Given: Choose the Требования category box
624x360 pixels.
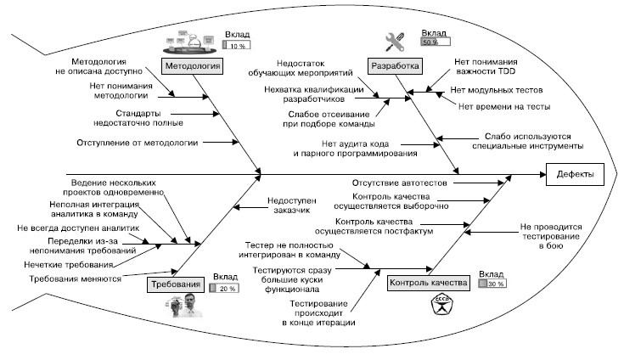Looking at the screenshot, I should coord(177,284).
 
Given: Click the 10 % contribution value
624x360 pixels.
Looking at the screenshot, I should coord(237,46).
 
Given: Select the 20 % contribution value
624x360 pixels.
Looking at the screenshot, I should coord(224,289).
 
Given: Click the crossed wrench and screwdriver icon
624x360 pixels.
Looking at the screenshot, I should coord(396,42).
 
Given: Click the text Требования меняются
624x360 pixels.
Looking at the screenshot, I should coord(75,278).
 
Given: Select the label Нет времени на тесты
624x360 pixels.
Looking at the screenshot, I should coord(504,106).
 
